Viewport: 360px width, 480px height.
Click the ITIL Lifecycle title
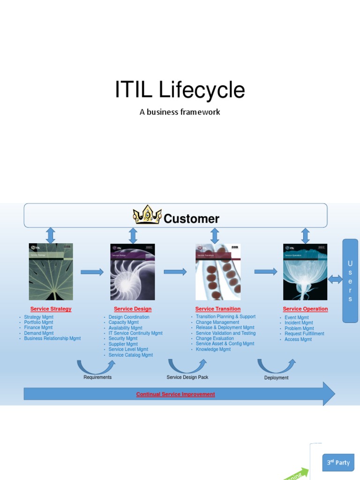[180, 90]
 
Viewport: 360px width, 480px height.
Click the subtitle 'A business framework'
[180, 112]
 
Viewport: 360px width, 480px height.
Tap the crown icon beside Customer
[147, 215]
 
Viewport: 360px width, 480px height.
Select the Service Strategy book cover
[51, 272]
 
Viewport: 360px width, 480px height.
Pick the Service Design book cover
[132, 272]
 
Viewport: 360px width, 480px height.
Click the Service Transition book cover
[218, 272]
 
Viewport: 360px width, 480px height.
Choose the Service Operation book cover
[305, 272]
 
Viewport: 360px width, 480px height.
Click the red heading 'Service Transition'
[217, 309]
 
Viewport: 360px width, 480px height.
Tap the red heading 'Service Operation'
[305, 309]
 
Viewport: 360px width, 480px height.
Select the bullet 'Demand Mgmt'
[39, 333]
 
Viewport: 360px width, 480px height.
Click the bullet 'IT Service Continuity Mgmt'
[135, 333]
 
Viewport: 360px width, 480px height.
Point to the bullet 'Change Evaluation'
[215, 338]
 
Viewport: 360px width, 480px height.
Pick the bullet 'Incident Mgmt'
[299, 323]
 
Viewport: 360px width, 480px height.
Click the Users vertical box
[350, 280]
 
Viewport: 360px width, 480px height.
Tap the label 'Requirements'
[97, 377]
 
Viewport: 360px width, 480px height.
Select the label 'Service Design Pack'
[187, 377]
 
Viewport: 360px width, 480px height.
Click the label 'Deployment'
[276, 378]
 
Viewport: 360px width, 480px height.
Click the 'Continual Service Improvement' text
[175, 394]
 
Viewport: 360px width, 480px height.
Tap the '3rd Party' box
[338, 463]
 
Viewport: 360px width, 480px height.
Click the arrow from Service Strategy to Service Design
[92, 272]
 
